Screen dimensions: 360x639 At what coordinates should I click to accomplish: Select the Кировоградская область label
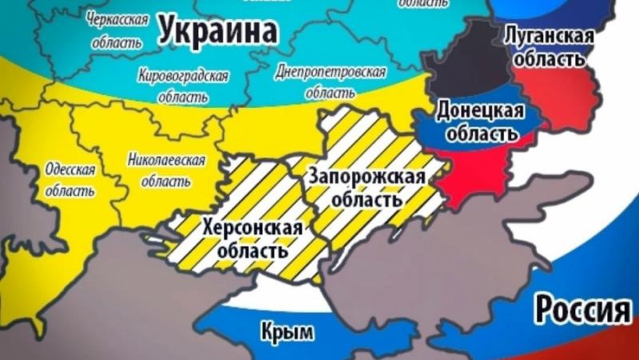tap(183, 85)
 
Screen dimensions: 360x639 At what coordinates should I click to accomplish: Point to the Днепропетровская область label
tap(330, 82)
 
